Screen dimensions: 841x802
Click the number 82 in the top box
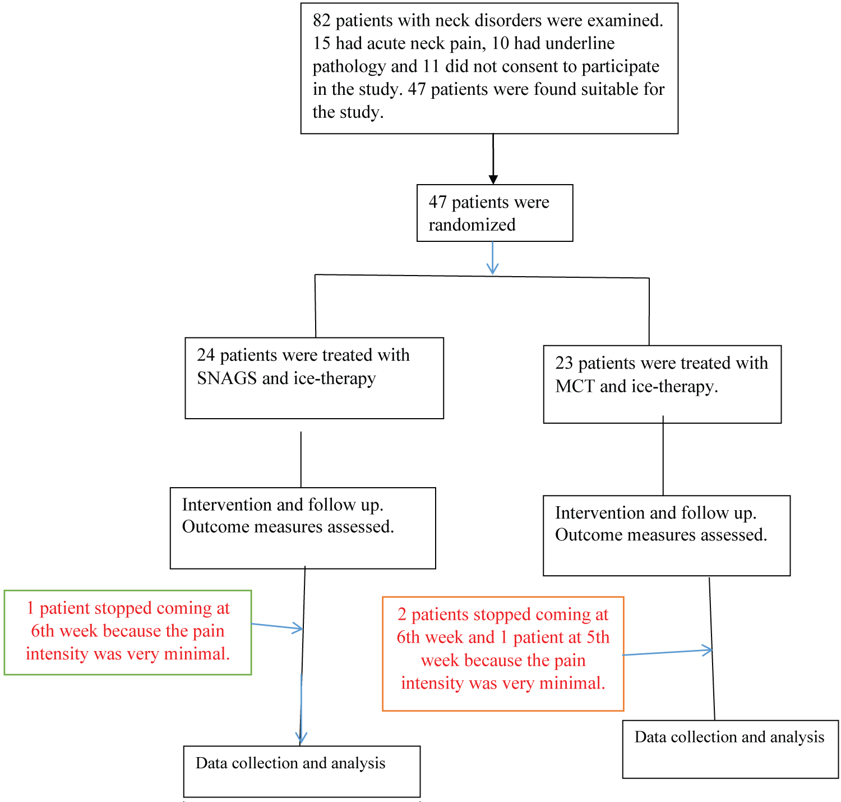pyautogui.click(x=322, y=21)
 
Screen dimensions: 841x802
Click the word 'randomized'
pyautogui.click(x=472, y=225)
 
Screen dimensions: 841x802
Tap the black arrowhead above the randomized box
pyautogui.click(x=493, y=180)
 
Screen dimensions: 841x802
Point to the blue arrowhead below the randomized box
pyautogui.click(x=492, y=268)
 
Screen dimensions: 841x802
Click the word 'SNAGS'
pyautogui.click(x=227, y=378)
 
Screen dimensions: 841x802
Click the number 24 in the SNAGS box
pyautogui.click(x=205, y=355)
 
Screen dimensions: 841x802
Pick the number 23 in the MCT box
pyautogui.click(x=564, y=363)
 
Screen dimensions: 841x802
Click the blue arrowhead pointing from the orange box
pyautogui.click(x=707, y=650)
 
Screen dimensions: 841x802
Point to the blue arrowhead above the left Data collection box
pyautogui.click(x=301, y=737)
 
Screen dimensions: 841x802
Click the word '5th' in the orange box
pyautogui.click(x=598, y=637)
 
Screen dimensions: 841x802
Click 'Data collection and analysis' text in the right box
pyautogui.click(x=729, y=737)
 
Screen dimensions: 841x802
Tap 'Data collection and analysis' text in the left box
pyautogui.click(x=290, y=763)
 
